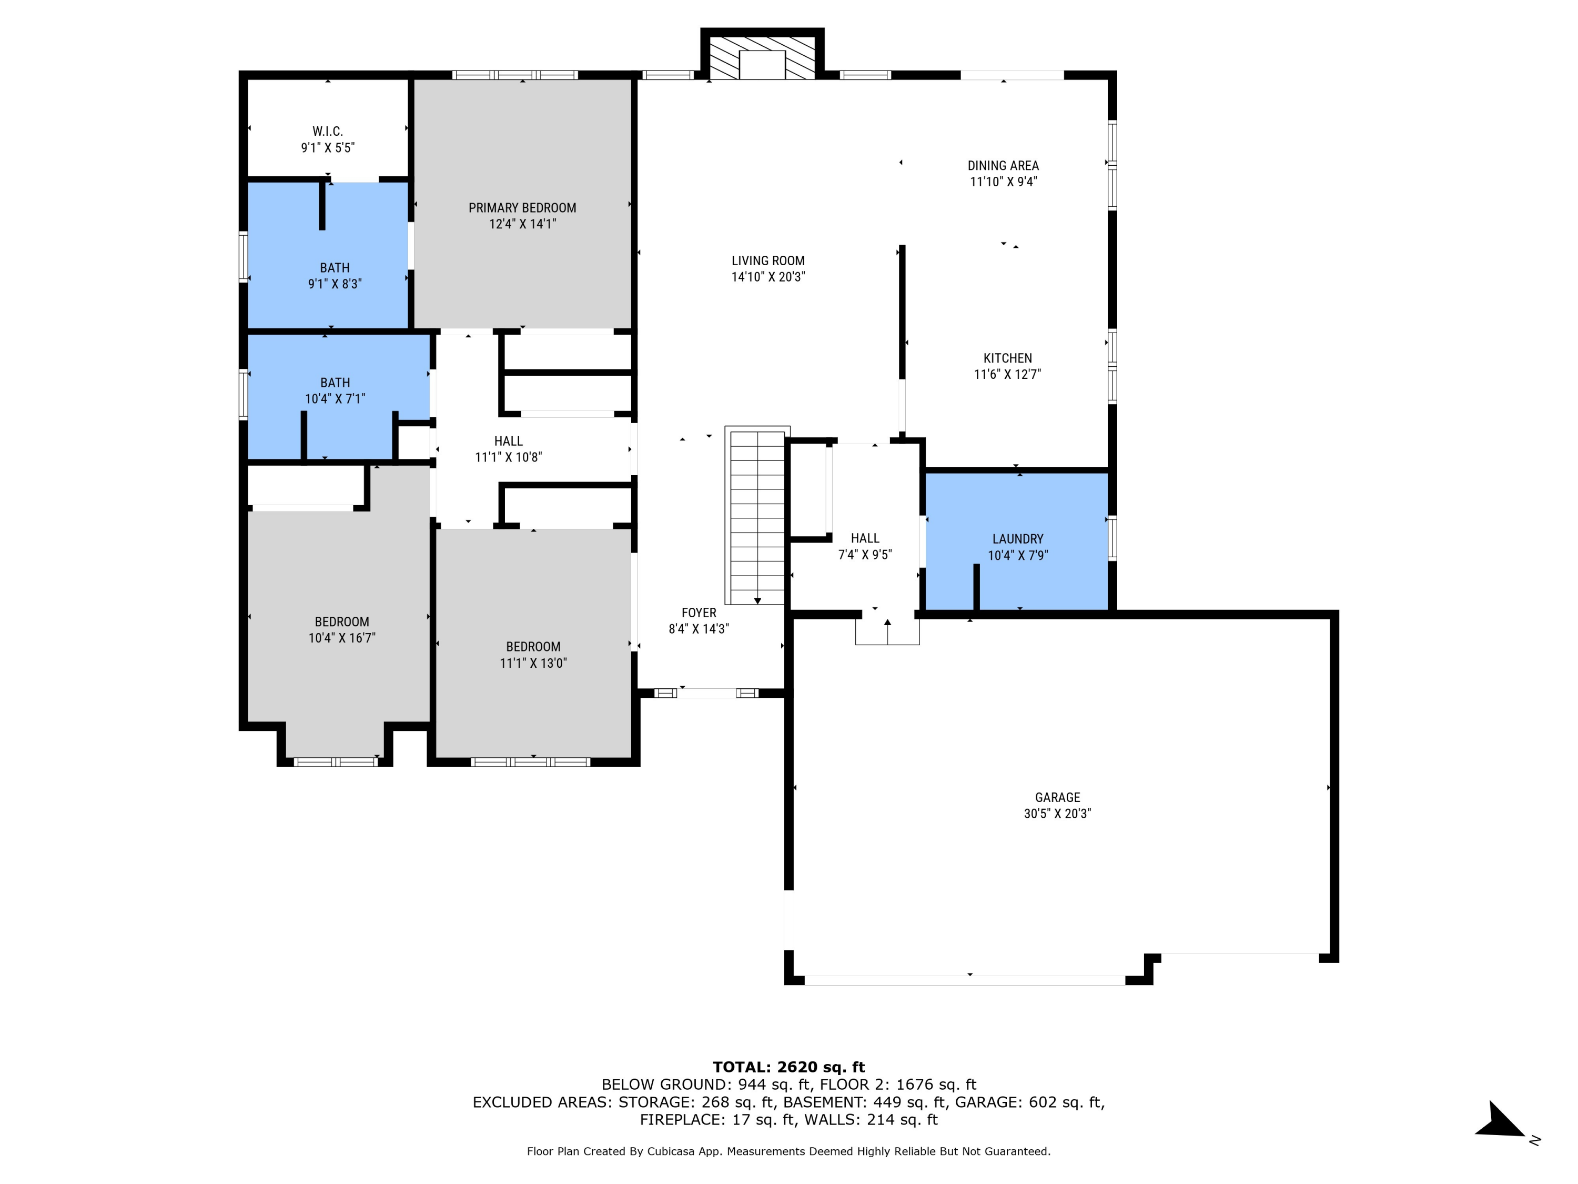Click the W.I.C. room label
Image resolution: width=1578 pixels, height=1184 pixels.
click(328, 132)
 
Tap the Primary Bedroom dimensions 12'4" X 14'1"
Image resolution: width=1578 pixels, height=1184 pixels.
click(522, 224)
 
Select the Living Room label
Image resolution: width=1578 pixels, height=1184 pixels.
click(767, 261)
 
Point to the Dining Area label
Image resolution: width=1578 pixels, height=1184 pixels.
click(1003, 166)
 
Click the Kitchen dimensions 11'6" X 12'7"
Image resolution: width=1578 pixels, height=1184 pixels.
click(1007, 374)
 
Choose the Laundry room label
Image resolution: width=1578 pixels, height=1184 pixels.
click(1017, 539)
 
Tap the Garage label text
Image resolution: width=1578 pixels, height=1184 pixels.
click(1057, 797)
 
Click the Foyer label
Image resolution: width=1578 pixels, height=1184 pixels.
click(699, 613)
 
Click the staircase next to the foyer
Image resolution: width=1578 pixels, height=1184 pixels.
click(757, 514)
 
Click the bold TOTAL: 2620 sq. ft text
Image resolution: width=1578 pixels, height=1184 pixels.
click(788, 1067)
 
